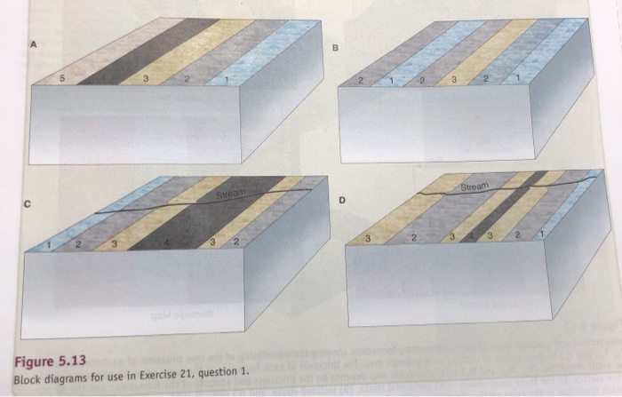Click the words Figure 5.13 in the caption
tap(49, 362)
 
